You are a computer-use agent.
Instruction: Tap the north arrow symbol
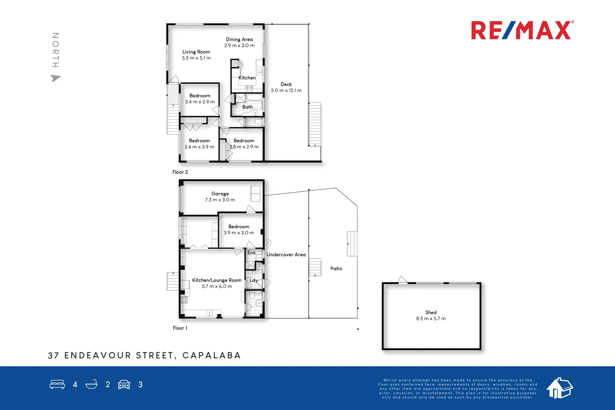pyautogui.click(x=55, y=78)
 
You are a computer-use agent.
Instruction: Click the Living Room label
pyautogui.click(x=196, y=52)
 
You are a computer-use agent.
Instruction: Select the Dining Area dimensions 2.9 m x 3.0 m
pyautogui.click(x=239, y=45)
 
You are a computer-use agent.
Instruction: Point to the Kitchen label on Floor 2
pyautogui.click(x=247, y=78)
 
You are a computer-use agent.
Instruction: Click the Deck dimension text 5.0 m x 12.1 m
pyautogui.click(x=286, y=90)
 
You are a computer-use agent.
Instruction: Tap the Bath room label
pyautogui.click(x=247, y=107)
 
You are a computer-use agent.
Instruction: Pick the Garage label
pyautogui.click(x=220, y=194)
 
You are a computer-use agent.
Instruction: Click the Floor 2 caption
pyautogui.click(x=180, y=172)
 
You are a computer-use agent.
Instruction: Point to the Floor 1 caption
pyautogui.click(x=180, y=328)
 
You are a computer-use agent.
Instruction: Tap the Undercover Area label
pyautogui.click(x=286, y=254)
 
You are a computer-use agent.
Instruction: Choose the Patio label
pyautogui.click(x=336, y=269)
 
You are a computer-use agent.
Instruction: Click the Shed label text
pyautogui.click(x=430, y=312)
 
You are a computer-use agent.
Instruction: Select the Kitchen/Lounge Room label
pyautogui.click(x=217, y=280)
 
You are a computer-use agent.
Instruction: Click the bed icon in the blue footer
pyautogui.click(x=57, y=384)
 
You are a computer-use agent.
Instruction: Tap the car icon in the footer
pyautogui.click(x=124, y=384)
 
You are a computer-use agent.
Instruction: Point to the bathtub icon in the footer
pyautogui.click(x=91, y=384)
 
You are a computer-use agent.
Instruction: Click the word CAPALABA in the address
pyautogui.click(x=211, y=355)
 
